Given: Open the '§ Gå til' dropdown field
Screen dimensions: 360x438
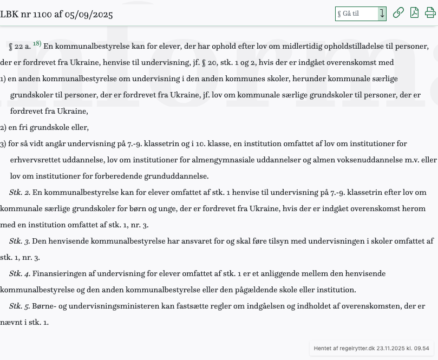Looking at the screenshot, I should (360, 14).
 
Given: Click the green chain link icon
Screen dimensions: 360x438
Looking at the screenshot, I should (398, 13).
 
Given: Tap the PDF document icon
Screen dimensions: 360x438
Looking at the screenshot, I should (414, 13).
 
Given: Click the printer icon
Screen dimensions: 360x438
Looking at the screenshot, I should (430, 13).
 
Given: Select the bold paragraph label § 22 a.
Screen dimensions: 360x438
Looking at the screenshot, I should (19, 47).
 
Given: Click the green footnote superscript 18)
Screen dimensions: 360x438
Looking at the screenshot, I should (37, 44).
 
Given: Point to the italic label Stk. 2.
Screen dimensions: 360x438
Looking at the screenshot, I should (19, 192).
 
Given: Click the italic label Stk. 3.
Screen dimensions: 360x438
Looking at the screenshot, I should (19, 241).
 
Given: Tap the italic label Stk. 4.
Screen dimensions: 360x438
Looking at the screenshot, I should (19, 273).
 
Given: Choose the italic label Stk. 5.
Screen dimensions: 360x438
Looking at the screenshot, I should (19, 306).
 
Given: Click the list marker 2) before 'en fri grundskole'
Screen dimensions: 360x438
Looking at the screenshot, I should (3, 127).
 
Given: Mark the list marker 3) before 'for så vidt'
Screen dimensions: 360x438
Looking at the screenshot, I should (3, 143).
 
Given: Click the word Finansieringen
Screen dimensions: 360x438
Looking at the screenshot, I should (58, 273).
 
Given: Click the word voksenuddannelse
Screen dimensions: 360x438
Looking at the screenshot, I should (368, 160).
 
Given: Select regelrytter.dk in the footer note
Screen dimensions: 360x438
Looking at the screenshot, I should (356, 349).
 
